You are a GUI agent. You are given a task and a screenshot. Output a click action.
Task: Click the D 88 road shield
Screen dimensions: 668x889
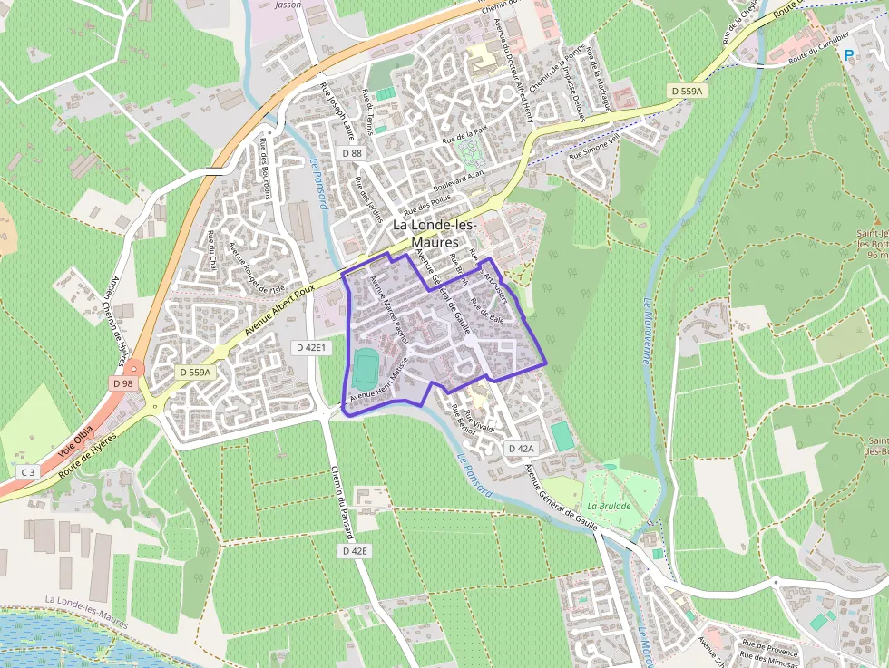pos(352,154)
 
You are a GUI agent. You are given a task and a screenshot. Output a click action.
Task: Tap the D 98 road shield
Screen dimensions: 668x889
pos(122,383)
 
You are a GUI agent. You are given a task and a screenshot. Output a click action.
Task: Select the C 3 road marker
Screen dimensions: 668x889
pos(28,471)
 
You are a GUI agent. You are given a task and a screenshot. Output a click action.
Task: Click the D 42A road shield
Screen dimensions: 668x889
pos(521,449)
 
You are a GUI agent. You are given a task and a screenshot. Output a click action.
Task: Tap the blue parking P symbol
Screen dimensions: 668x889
pos(849,54)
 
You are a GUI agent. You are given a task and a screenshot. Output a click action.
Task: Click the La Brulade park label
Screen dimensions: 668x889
pos(608,506)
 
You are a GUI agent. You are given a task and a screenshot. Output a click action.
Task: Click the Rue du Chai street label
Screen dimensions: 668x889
pos(212,251)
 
